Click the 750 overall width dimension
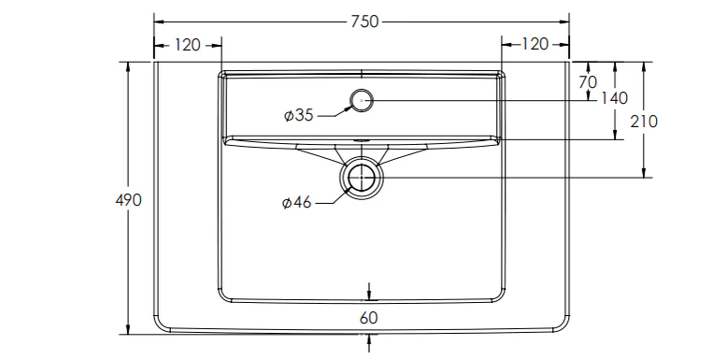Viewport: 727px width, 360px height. (x=363, y=21)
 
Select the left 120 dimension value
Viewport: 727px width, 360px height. (x=188, y=44)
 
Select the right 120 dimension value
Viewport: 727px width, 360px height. (x=535, y=44)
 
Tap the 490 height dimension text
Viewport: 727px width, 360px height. (x=128, y=200)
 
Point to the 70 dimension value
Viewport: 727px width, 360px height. (x=587, y=82)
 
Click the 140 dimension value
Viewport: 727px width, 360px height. (x=614, y=97)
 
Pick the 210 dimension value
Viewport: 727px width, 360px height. (x=645, y=121)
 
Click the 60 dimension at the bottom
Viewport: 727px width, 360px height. (x=368, y=318)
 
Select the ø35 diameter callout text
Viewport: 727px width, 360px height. (x=298, y=115)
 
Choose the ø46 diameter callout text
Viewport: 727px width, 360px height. (x=297, y=203)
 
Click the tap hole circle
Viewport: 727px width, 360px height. (x=361, y=99)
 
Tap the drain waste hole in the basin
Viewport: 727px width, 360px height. (x=362, y=177)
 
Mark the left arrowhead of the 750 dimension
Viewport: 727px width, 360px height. (x=158, y=21)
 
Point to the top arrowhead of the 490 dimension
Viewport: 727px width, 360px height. (x=128, y=66)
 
